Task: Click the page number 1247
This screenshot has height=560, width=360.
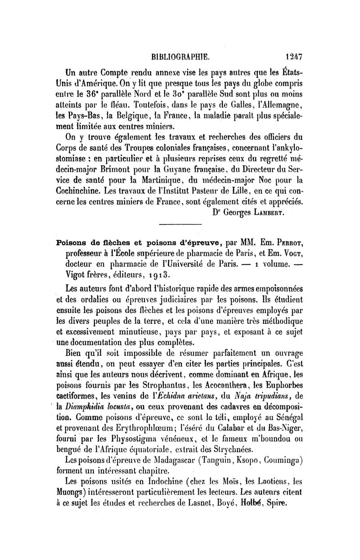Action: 292,57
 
